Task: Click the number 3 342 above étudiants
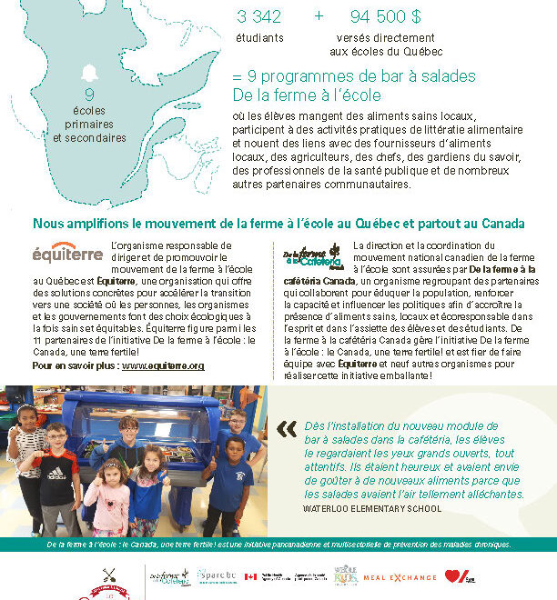[x=258, y=16]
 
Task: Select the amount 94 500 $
[x=383, y=16]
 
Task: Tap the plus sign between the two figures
[x=319, y=16]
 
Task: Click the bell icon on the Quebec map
[x=89, y=73]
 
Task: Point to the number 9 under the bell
[x=89, y=94]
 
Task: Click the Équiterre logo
[x=66, y=252]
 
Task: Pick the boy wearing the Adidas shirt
[x=61, y=477]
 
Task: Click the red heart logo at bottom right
[x=458, y=576]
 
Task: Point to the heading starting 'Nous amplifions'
[x=278, y=224]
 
